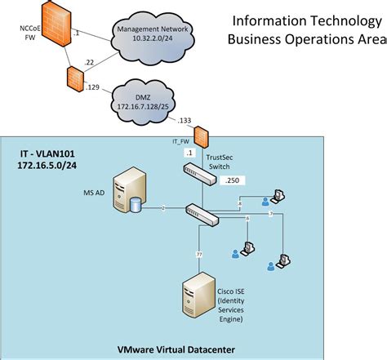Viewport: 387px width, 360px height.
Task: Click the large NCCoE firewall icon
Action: [51, 33]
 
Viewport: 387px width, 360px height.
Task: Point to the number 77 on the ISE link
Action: [199, 255]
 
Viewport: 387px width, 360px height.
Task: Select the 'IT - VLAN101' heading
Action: [51, 153]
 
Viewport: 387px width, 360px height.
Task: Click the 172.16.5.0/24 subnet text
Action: [51, 166]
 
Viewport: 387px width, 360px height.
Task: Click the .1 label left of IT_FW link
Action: [189, 153]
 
